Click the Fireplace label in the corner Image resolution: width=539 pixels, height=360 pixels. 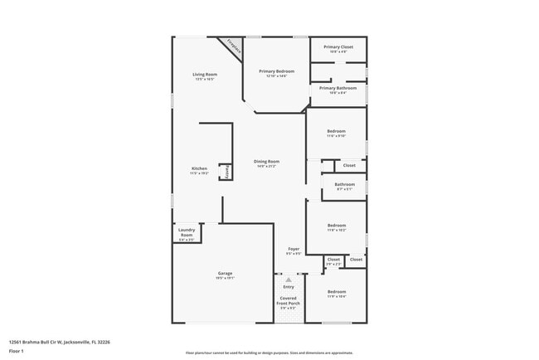coord(235,49)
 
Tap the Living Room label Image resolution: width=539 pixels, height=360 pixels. coord(205,75)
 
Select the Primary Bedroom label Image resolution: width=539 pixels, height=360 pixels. coord(277,72)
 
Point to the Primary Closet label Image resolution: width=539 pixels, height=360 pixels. coord(338,47)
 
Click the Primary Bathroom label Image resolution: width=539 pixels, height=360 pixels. coord(338,88)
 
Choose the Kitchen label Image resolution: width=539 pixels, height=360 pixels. coord(199,168)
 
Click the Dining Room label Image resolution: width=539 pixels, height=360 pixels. coord(267,162)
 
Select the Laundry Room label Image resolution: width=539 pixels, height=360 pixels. coord(186,232)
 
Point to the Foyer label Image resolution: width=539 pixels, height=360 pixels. coord(294,249)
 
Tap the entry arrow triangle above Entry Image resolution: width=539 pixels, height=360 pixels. coord(289,280)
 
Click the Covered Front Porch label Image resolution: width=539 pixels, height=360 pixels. coord(289,300)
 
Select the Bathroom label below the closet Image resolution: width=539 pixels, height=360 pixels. coord(345,185)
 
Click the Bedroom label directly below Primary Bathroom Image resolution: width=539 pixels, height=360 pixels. coord(336,132)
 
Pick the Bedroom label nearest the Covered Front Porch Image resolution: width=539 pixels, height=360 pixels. coord(336,292)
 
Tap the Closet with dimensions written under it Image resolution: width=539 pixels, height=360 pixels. coord(333,260)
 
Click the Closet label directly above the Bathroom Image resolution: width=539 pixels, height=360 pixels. coord(350,165)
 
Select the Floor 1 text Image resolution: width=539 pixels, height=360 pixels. coord(16,351)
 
